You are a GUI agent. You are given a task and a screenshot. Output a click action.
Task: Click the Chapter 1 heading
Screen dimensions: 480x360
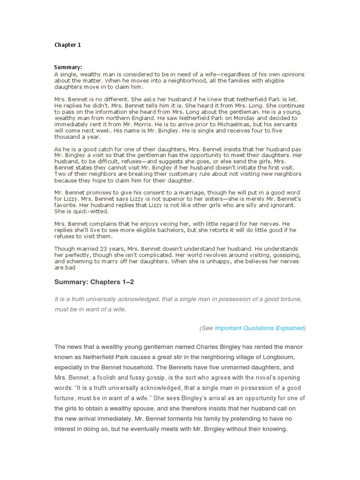pos(67,45)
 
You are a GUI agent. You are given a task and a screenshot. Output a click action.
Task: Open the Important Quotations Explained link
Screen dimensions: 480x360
pos(259,328)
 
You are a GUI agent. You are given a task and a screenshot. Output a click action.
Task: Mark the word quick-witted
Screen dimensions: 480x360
pos(84,211)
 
